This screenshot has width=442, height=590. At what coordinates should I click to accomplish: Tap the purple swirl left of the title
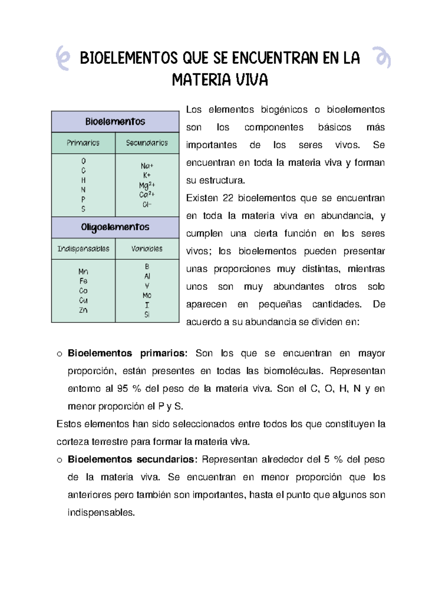pos(63,58)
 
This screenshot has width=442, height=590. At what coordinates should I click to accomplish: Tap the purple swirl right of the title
pos(382,58)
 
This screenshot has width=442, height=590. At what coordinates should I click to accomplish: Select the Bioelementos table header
pos(115,122)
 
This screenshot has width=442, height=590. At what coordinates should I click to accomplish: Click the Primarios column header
pos(83,143)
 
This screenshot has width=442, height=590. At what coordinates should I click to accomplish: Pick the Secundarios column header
pos(147,143)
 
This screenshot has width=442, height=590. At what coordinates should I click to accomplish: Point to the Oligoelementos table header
pos(115,227)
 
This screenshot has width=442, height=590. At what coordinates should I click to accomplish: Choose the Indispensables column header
pos(83,249)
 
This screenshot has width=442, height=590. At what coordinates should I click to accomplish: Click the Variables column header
pos(147,249)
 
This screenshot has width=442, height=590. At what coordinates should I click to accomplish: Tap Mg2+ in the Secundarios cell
pos(147,185)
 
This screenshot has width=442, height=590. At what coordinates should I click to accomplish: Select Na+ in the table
pos(147,166)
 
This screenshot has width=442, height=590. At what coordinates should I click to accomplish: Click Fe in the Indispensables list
pos(83,281)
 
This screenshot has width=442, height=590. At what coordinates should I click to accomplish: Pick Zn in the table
pos(83,310)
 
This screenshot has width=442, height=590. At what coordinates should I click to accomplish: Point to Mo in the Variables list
pos(147,295)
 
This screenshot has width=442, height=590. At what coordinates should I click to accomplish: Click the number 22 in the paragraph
pos(228,198)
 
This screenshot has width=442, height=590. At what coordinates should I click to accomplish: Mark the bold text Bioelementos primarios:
pos(127,353)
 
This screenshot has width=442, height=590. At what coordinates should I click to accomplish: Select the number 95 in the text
pos(122,389)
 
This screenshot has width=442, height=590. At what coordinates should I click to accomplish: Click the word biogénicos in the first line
pos(284,110)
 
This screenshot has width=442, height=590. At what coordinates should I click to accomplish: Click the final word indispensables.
pos(101,513)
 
